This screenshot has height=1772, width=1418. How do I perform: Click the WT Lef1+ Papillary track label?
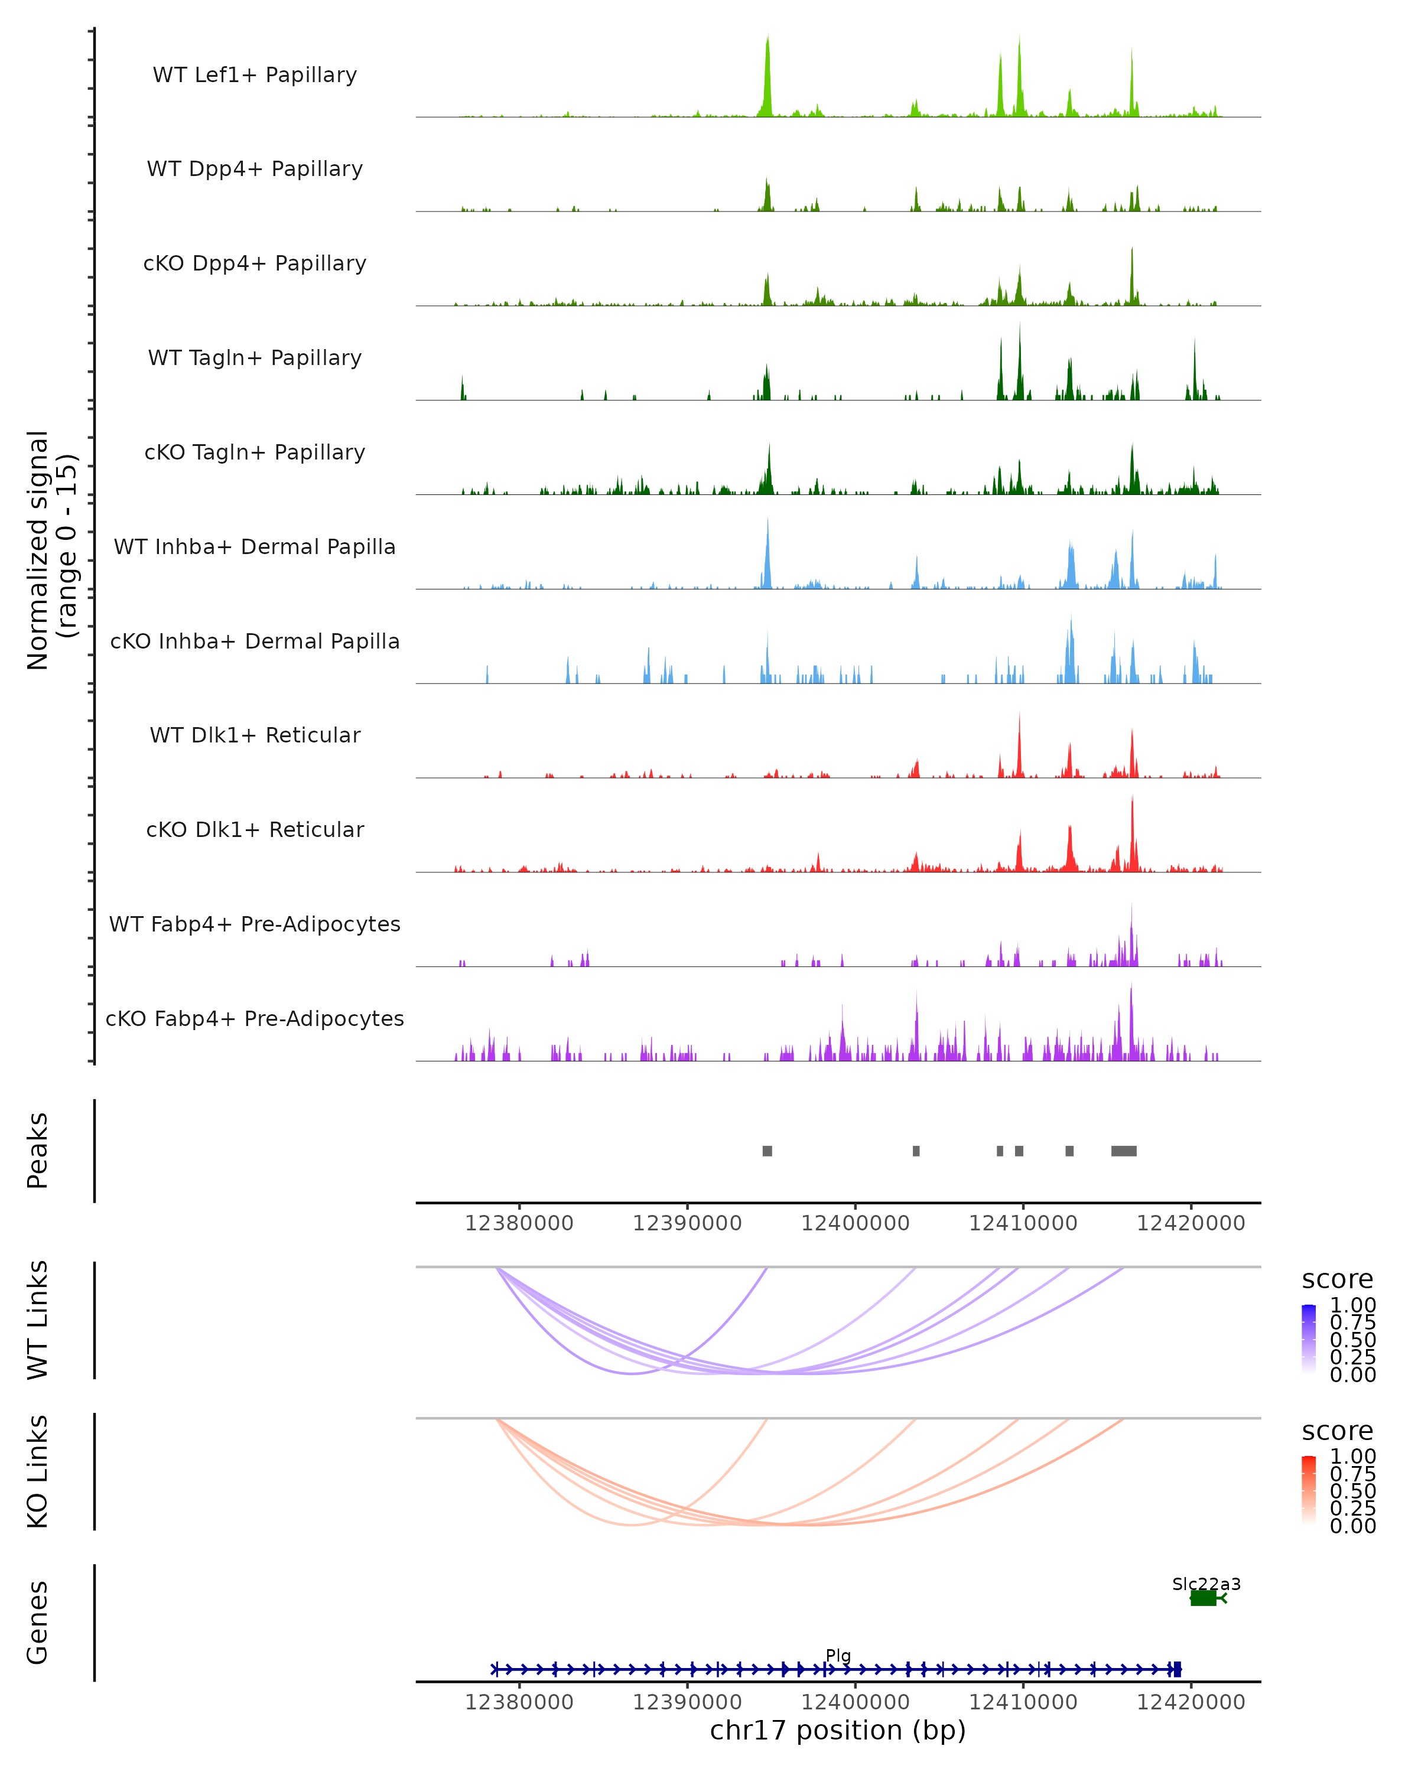click(255, 75)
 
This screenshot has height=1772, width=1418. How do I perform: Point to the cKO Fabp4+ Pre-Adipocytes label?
click(255, 1018)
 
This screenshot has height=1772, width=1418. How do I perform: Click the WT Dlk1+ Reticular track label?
click(255, 735)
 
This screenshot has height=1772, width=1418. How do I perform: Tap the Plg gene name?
click(838, 1655)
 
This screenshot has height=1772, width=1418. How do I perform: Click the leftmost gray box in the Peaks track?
click(767, 1151)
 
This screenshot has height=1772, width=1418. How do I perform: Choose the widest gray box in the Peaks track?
click(1124, 1151)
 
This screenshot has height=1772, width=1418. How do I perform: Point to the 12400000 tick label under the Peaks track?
click(855, 1223)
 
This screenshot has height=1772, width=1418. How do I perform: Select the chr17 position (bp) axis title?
click(838, 1730)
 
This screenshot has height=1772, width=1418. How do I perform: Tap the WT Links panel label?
click(38, 1320)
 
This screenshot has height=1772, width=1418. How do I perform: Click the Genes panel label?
click(38, 1623)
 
